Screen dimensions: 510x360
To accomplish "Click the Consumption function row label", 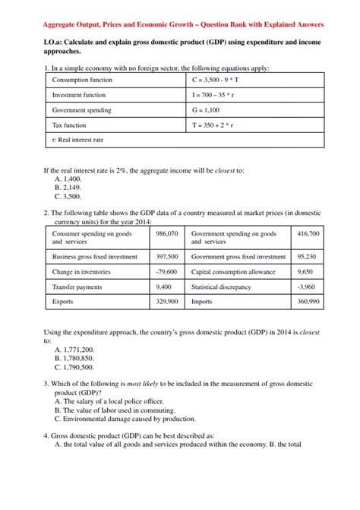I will (82, 81).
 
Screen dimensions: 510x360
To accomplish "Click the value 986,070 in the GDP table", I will (166, 234).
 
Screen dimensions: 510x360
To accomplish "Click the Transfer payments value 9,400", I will (163, 287).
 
